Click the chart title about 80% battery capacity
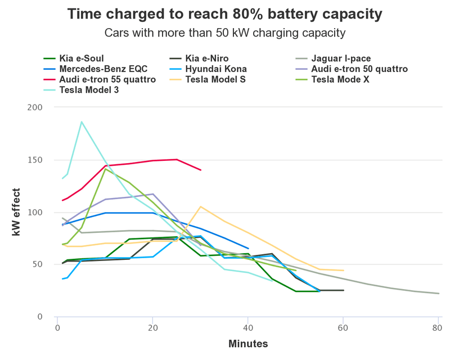pyautogui.click(x=224, y=14)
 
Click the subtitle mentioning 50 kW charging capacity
pyautogui.click(x=224, y=32)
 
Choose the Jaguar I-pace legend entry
pyautogui.click(x=340, y=58)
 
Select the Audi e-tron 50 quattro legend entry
pyautogui.click(x=359, y=69)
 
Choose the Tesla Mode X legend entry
pyautogui.click(x=344, y=79)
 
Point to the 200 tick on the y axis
pyautogui.click(x=36, y=107)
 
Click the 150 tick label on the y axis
pyautogui.click(x=36, y=160)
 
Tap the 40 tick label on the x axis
pyautogui.click(x=247, y=328)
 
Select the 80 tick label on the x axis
pyautogui.click(x=438, y=328)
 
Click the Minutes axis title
pyautogui.click(x=248, y=344)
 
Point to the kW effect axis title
pyautogui.click(x=17, y=212)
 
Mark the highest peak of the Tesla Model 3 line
pyautogui.click(x=82, y=121)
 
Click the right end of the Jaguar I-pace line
pyautogui.click(x=438, y=293)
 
